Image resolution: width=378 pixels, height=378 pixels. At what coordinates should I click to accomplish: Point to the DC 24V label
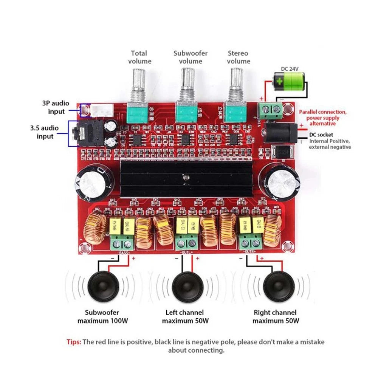tap(290, 68)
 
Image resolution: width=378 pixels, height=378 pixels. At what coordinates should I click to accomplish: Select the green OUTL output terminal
tap(187, 242)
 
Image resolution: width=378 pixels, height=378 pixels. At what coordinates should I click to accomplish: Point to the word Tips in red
tap(74, 342)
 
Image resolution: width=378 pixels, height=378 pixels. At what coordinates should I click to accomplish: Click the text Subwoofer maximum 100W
tap(102, 317)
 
